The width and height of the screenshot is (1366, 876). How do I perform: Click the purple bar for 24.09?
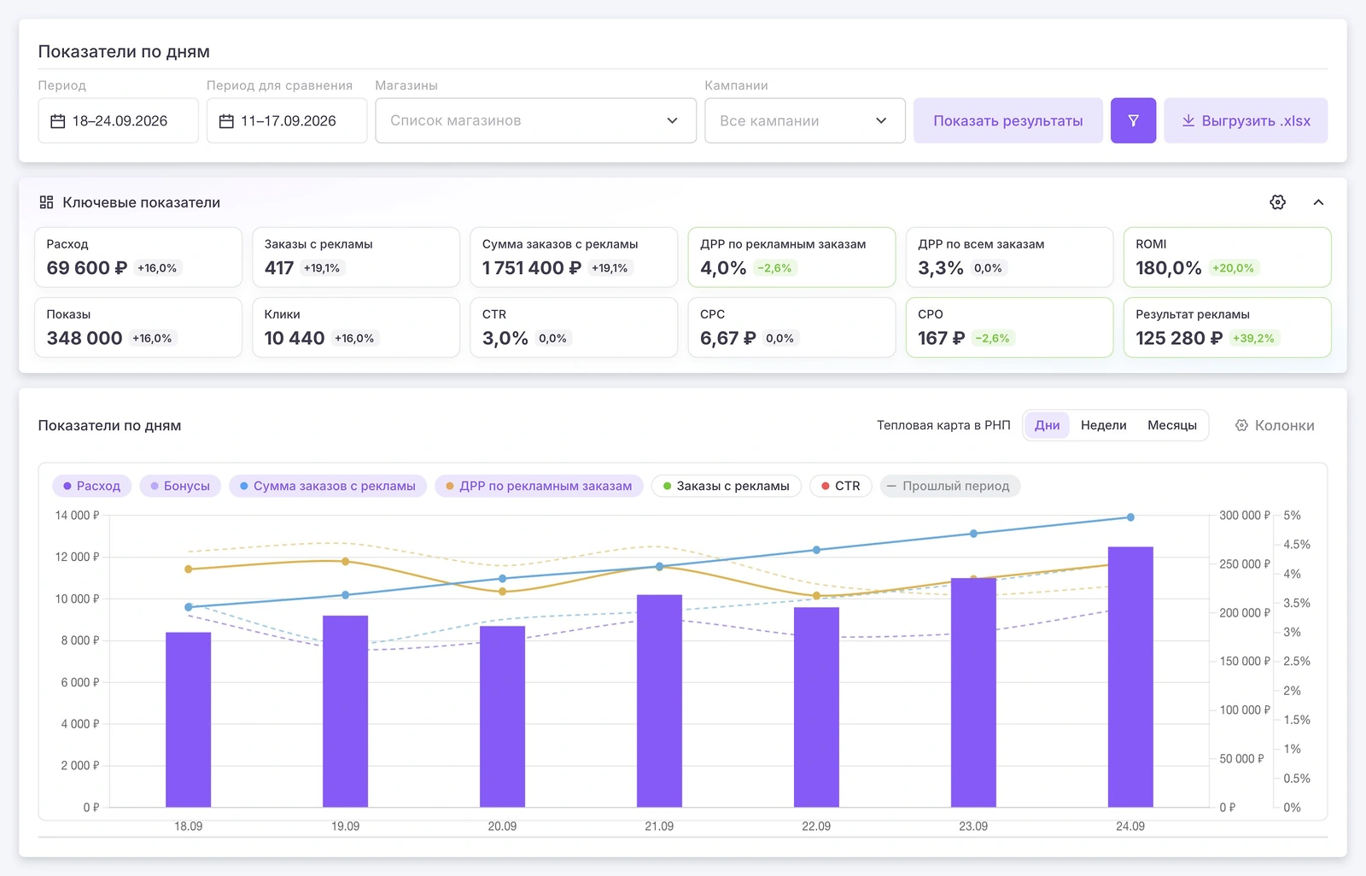1130,676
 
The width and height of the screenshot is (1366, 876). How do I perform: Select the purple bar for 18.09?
189,719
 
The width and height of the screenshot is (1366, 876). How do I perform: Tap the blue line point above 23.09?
973,533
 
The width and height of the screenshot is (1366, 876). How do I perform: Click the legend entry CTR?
840,486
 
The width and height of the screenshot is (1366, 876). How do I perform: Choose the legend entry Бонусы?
180,486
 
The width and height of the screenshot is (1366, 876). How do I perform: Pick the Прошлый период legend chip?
949,486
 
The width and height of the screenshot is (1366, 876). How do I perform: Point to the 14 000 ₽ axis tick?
77,516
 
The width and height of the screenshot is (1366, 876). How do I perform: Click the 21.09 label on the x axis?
659,826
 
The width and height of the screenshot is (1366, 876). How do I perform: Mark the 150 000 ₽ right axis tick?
1244,662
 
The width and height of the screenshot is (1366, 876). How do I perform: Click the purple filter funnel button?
1133,120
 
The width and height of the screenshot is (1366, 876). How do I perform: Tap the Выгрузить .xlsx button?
1246,120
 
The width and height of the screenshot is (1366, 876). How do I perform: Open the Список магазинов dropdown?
535,120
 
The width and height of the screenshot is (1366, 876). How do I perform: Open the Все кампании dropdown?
804,120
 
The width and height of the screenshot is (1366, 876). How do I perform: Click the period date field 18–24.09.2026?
119,120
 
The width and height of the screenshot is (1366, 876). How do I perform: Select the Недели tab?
1103,425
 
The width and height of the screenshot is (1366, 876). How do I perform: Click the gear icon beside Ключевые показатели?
1277,201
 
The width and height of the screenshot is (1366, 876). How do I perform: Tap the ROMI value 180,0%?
1168,268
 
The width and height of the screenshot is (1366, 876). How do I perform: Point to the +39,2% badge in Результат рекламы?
1253,338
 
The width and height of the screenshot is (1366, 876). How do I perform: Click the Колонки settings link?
1275,425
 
